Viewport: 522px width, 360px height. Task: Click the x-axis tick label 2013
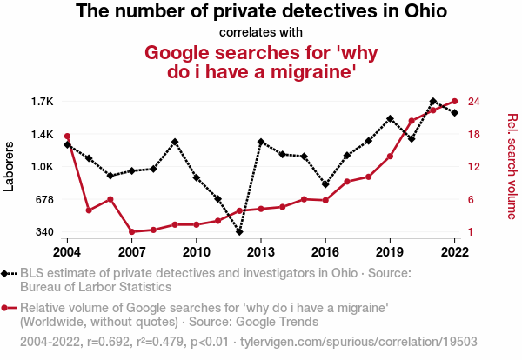click(261, 252)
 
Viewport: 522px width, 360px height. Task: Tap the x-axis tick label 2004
click(67, 252)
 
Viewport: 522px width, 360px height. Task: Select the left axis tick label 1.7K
click(42, 102)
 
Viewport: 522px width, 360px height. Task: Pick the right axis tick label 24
click(474, 102)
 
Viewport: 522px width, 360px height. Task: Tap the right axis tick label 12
click(474, 167)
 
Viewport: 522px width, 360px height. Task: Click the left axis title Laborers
click(10, 167)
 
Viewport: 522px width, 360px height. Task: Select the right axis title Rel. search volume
click(512, 167)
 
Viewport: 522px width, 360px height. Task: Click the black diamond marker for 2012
click(239, 232)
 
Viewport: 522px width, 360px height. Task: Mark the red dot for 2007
click(131, 232)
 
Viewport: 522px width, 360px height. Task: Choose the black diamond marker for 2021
click(433, 102)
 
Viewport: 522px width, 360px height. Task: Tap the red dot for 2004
click(67, 137)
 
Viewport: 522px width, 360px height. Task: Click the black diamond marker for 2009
click(175, 142)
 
